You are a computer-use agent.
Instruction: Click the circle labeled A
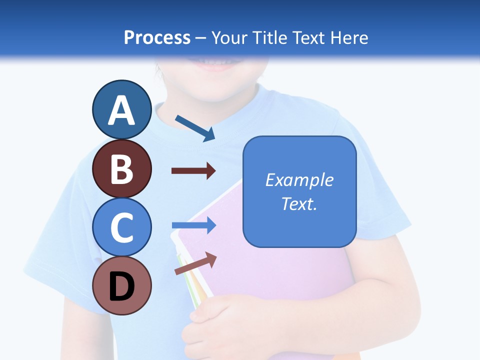click(x=122, y=109)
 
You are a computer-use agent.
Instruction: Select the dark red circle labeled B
click(x=122, y=168)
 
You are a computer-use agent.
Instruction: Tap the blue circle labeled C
click(x=122, y=227)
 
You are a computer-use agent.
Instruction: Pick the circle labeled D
click(x=122, y=285)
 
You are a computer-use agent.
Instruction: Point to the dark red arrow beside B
click(x=193, y=171)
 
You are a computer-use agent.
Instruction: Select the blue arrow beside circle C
click(x=193, y=225)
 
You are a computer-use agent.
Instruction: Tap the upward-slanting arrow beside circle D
click(x=195, y=263)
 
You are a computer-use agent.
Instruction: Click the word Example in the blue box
click(x=299, y=180)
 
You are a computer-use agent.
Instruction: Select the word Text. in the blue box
click(x=299, y=203)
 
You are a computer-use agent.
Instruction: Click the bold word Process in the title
click(x=157, y=37)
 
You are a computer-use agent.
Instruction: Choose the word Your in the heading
click(x=229, y=37)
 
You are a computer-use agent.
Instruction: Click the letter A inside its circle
click(x=122, y=110)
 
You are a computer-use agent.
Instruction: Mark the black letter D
click(x=122, y=286)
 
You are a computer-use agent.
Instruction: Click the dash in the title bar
click(x=201, y=38)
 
